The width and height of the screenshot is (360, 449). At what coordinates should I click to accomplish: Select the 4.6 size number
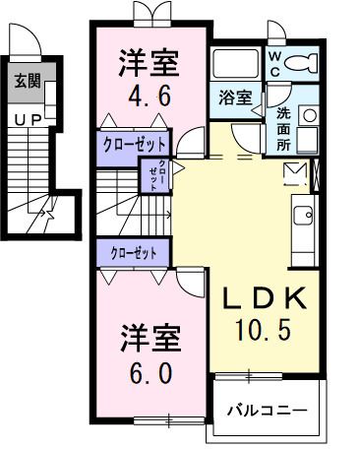coord(150,96)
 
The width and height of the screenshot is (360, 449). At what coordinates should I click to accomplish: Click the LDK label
coord(263,298)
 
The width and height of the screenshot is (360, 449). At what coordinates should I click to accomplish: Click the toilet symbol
coord(303,63)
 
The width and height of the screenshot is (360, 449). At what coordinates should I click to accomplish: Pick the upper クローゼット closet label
coord(136,144)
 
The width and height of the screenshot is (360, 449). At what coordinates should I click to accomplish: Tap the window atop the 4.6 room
coord(150,16)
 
